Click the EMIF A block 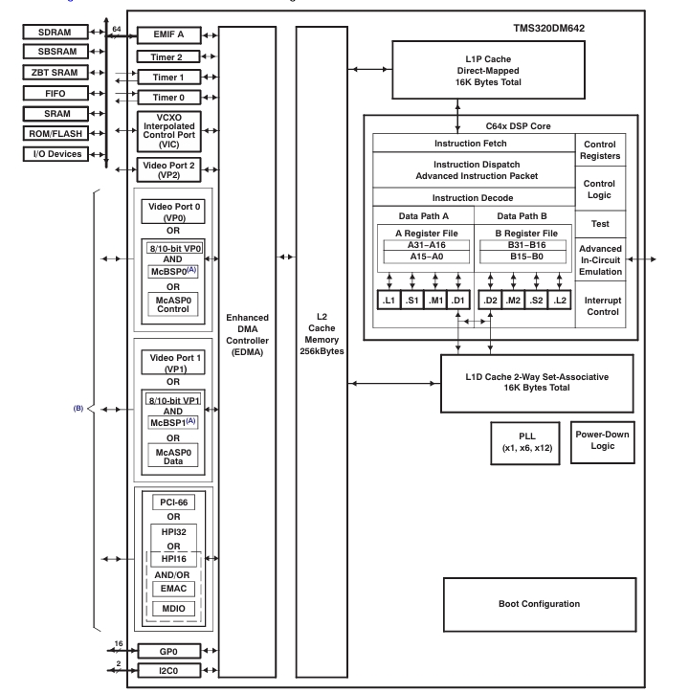(x=168, y=35)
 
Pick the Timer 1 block (x=168, y=77)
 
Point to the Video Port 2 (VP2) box (x=168, y=168)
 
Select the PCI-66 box (x=168, y=501)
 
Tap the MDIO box (x=168, y=608)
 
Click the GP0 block (x=168, y=650)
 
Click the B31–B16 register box (x=525, y=244)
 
